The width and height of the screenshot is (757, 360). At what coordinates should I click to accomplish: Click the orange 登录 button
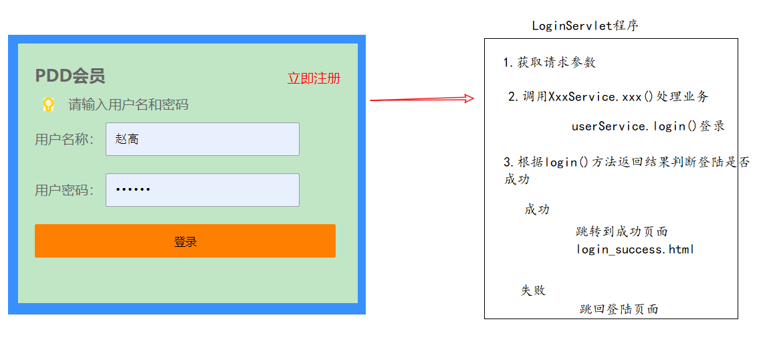185,241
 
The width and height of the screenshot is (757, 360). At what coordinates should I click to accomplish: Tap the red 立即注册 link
314,78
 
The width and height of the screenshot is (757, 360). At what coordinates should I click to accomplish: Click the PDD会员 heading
70,76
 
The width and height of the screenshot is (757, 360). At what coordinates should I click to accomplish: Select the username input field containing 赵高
202,139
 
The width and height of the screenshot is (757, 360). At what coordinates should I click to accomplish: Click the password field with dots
202,190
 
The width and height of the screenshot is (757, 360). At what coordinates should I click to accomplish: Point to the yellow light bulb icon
48,104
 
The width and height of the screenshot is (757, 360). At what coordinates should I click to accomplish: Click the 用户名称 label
64,139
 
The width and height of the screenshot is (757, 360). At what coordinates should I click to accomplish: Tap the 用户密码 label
64,190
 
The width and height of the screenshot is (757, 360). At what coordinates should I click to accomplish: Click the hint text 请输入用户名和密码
128,104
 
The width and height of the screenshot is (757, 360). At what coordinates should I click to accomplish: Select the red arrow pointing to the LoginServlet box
421,99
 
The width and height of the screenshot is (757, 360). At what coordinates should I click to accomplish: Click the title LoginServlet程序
585,26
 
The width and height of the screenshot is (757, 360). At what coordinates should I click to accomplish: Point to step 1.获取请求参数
549,63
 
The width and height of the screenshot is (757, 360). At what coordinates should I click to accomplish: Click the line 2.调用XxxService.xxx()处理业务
608,97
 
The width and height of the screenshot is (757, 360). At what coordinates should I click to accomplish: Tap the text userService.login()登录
648,126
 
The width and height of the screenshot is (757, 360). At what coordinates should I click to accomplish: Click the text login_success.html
635,250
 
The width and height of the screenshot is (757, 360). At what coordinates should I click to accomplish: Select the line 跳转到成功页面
621,232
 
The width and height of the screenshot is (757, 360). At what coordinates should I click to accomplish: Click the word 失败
534,290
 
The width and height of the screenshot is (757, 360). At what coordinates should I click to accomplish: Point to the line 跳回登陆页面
619,309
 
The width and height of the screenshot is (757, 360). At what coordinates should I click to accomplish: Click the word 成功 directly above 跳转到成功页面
537,209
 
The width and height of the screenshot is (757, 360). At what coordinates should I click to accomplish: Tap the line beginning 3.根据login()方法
626,163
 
